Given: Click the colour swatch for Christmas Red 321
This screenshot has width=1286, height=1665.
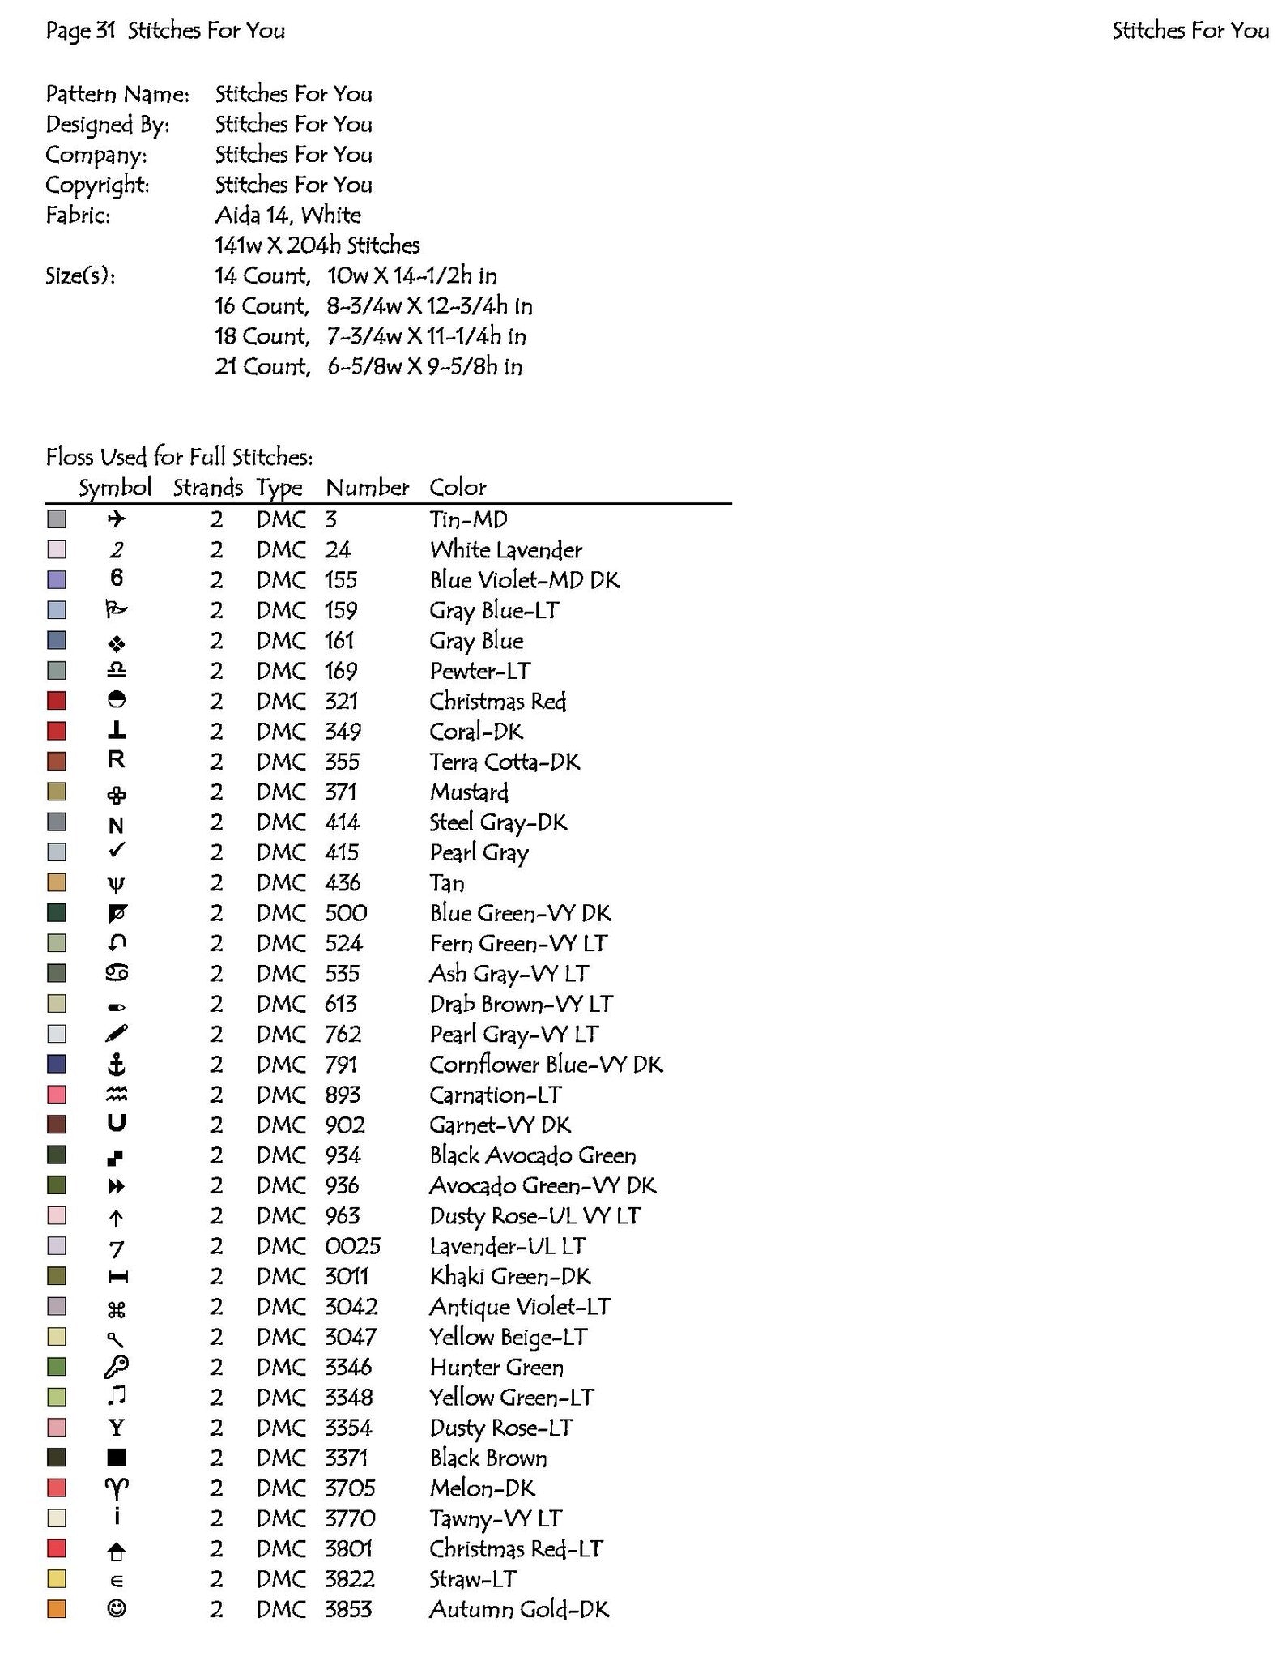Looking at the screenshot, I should (56, 701).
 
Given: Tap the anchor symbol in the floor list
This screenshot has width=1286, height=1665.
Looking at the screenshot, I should (117, 1065).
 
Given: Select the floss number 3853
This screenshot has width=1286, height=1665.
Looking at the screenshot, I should (348, 1609).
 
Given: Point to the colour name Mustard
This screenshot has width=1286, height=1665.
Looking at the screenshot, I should (469, 792).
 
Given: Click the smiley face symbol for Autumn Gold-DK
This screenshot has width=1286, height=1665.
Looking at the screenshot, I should (117, 1609).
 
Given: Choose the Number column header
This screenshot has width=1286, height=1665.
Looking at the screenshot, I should (367, 488).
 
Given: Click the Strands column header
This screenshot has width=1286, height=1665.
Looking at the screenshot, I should (207, 488).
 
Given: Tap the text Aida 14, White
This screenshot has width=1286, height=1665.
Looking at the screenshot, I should (287, 216).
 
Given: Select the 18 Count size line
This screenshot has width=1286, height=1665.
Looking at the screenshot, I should (370, 336).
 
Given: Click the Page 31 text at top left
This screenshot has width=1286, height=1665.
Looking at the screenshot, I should (81, 31).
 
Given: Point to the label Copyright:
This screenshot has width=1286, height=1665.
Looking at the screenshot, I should (97, 186).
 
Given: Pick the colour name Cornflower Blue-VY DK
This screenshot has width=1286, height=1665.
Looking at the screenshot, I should (546, 1065).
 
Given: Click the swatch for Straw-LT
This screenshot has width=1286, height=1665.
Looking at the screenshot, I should (56, 1579).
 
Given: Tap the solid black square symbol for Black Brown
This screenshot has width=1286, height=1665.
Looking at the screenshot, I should (117, 1458).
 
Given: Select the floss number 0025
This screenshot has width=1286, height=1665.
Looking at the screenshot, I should (352, 1246).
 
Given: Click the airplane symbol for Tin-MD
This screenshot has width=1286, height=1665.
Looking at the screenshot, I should (117, 519).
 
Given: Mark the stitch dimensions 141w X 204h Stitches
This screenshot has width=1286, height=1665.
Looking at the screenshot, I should (317, 245).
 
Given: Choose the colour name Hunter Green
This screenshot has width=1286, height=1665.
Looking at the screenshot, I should (496, 1368).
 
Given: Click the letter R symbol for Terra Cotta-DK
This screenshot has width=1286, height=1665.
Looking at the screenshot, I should (117, 761).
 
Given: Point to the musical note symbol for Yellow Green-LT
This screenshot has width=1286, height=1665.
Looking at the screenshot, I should (117, 1397).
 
